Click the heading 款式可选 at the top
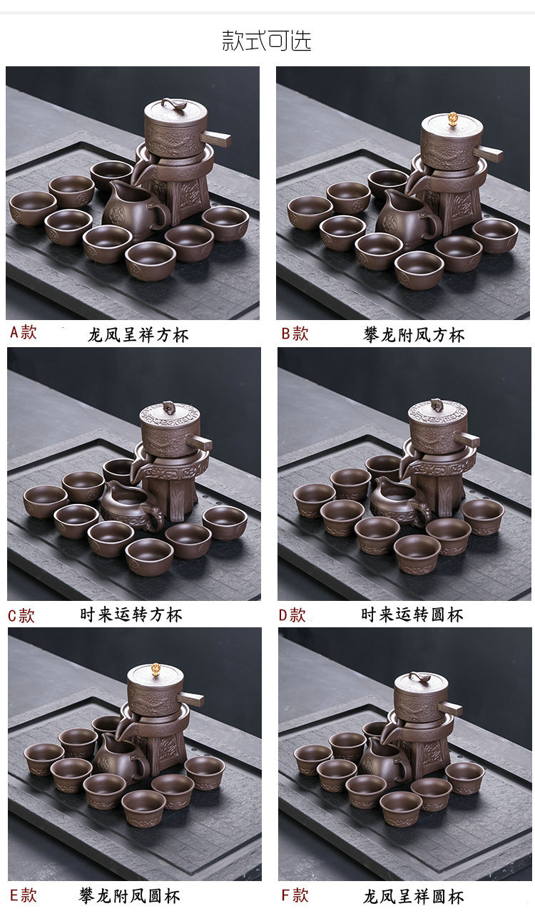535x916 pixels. (267, 41)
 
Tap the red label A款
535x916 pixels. (24, 332)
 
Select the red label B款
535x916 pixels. (295, 334)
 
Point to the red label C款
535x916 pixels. (21, 615)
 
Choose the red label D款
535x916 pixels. (292, 615)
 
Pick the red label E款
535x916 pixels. (23, 895)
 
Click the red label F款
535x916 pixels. (295, 895)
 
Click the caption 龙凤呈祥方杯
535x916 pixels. (138, 335)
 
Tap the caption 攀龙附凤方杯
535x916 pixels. (414, 335)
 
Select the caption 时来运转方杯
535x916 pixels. (131, 614)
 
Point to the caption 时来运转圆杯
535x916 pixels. (412, 614)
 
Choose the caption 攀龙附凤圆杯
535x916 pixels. (130, 896)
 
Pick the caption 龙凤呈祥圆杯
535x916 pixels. (414, 897)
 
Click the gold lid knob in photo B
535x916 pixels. (453, 118)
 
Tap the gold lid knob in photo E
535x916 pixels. (156, 669)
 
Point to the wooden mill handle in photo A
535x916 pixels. (215, 138)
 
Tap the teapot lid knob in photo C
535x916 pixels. (169, 407)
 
